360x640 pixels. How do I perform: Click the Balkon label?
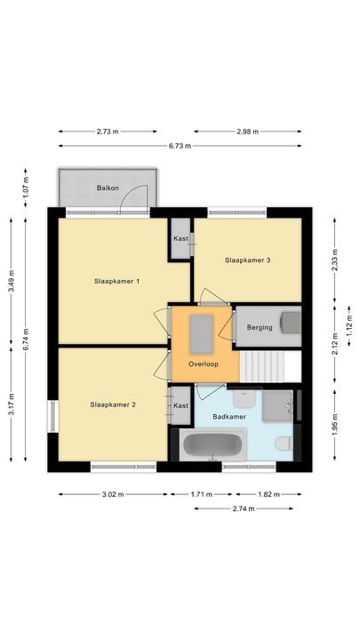click(108, 188)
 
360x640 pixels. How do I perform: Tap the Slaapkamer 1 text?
click(117, 281)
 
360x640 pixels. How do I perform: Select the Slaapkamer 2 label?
click(113, 404)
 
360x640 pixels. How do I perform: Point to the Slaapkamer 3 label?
click(247, 260)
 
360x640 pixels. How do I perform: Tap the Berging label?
click(259, 328)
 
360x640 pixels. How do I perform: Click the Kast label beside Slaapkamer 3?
click(180, 238)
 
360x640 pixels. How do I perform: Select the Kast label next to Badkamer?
click(180, 405)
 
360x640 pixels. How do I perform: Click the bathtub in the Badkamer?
click(212, 444)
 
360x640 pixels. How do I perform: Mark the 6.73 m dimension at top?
click(180, 146)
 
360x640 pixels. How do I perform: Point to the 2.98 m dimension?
click(248, 132)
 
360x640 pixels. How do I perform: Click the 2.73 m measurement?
click(108, 132)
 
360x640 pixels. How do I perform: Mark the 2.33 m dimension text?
click(335, 258)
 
